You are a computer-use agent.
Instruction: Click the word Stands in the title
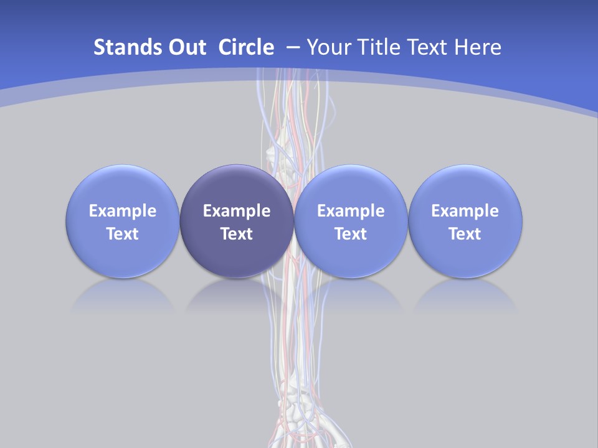123,47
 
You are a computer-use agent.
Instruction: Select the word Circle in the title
246,47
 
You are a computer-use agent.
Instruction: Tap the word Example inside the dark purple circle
237,211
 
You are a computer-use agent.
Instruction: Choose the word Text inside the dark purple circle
237,234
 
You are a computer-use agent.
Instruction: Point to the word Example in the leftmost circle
123,211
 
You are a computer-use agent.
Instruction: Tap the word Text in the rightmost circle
465,234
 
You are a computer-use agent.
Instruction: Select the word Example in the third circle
351,211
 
